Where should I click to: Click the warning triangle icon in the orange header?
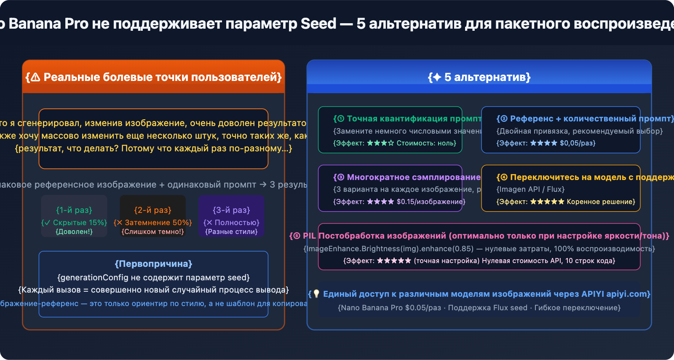(35, 77)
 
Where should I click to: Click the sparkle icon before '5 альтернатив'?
(437, 77)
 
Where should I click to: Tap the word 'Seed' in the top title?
(318, 24)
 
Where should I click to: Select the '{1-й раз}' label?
(74, 210)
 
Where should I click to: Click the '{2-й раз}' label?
(152, 210)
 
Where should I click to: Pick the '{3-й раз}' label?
(231, 210)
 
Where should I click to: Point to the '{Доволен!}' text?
(74, 231)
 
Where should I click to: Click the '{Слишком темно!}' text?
(152, 231)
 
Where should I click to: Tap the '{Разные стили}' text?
(231, 231)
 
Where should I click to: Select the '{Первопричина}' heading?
(153, 264)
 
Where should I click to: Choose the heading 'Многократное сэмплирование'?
(413, 177)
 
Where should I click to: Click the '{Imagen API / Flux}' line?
(530, 189)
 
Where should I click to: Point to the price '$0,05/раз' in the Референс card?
(577, 143)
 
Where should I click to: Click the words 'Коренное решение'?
(600, 202)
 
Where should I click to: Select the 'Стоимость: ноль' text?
(425, 143)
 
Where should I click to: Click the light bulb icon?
(316, 294)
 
